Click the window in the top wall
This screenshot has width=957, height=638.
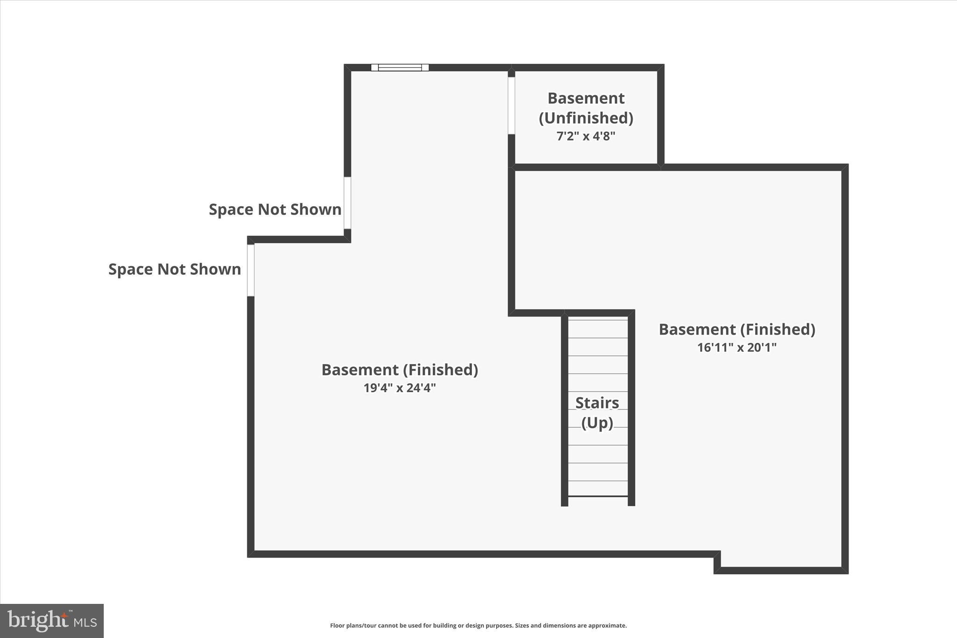pos(400,68)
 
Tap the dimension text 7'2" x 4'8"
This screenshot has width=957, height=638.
pos(586,136)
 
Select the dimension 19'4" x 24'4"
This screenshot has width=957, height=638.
pos(400,388)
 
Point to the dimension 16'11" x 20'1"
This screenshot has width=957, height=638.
pos(736,348)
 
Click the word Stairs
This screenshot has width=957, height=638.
pos(597,403)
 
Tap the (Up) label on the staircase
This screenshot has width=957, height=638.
pos(597,423)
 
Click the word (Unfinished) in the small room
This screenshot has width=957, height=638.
pos(586,118)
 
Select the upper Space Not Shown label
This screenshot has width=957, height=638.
pos(275,209)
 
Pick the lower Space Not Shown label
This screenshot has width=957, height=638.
pos(174,269)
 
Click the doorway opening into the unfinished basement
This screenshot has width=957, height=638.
pos(511,106)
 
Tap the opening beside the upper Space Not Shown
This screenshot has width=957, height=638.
pos(347,203)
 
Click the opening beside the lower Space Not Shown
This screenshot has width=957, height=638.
pos(251,270)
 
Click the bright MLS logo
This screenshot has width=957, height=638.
pos(52,621)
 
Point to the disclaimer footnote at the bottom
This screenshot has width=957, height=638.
pos(478,625)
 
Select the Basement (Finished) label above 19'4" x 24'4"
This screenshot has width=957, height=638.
pos(400,370)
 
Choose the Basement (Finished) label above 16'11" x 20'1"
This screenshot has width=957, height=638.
pos(736,330)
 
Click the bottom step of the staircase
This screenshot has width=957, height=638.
pos(598,489)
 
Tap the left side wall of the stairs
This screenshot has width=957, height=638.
pos(564,411)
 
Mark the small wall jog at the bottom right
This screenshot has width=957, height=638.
pos(717,562)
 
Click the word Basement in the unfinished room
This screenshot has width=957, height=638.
pos(586,99)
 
